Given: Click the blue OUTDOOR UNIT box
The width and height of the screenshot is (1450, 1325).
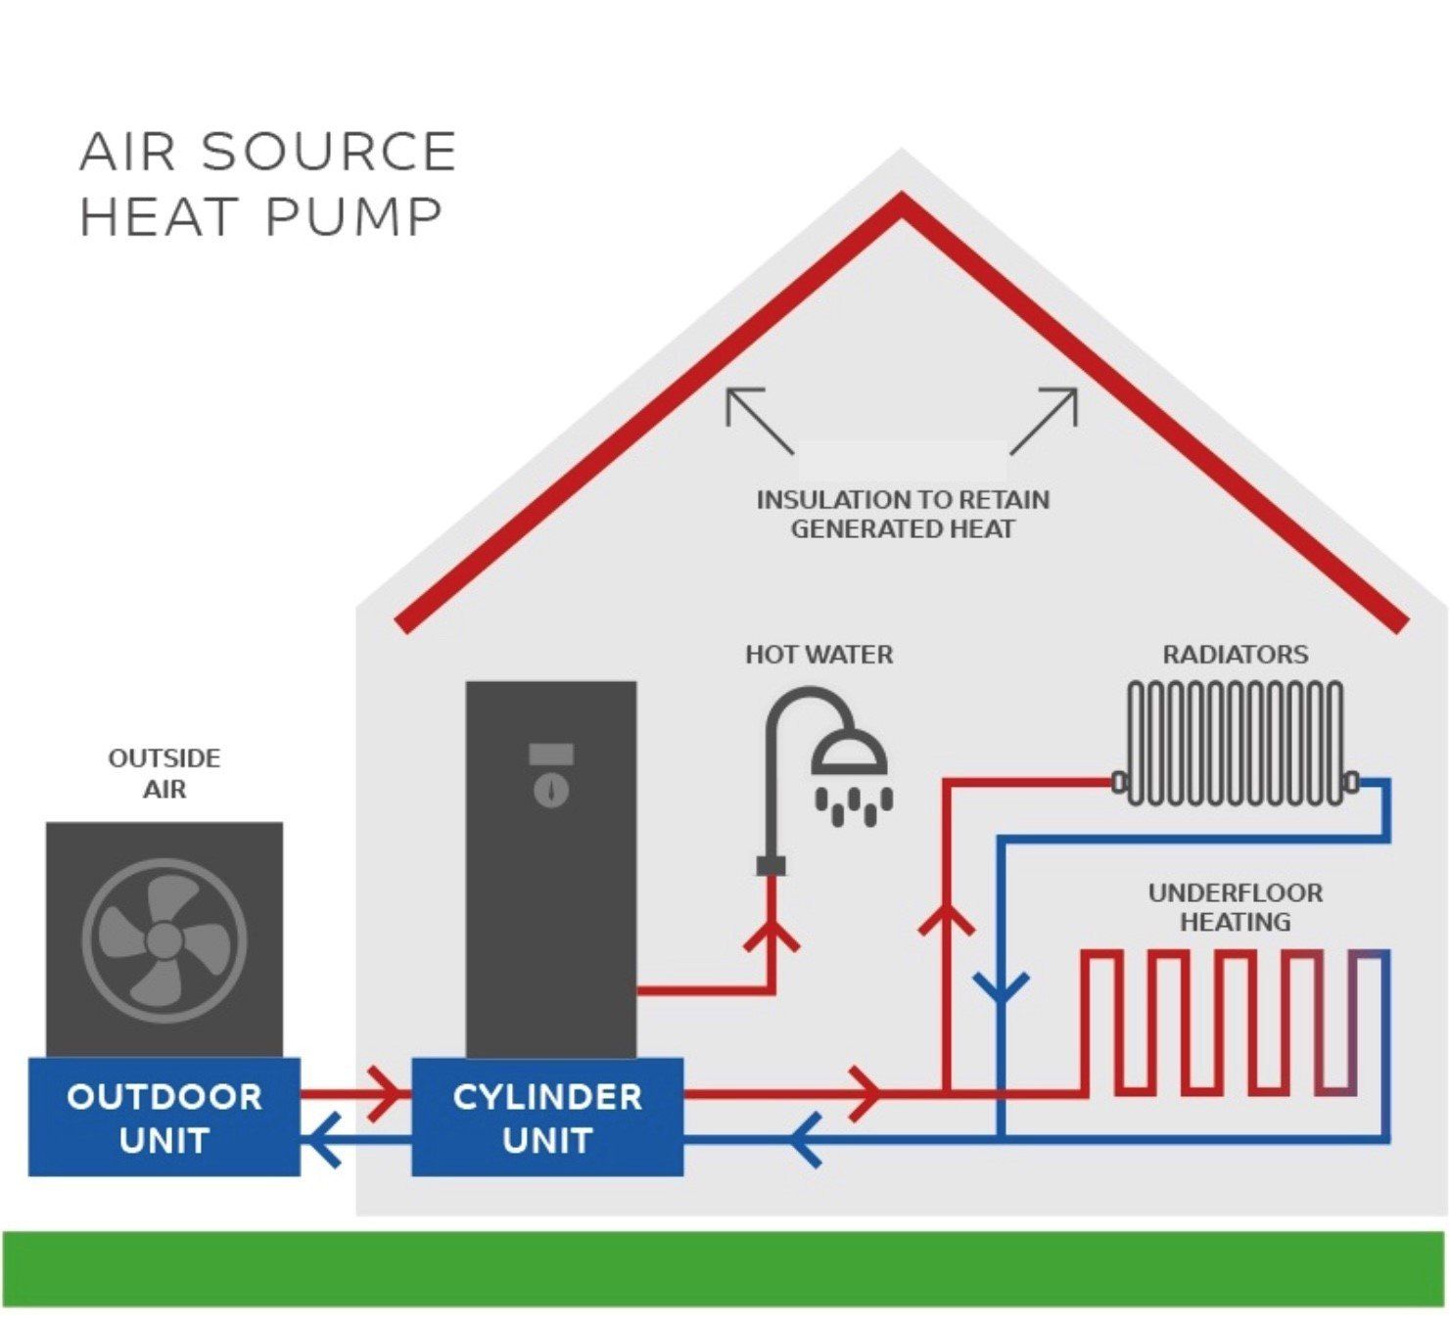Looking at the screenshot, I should coord(164,1117).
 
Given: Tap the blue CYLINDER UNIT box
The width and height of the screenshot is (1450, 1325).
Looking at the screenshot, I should coord(546,1117).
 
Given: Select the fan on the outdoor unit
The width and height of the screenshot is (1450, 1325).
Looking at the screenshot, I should coord(164,939).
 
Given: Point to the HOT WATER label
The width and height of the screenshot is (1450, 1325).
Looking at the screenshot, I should coord(819,654).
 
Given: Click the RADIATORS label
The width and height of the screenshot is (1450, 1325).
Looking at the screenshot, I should coord(1235,654).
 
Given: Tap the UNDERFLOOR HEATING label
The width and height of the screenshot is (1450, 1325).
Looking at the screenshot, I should coord(1235,906).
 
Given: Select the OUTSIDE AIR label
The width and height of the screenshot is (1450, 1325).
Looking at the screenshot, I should coord(164,773).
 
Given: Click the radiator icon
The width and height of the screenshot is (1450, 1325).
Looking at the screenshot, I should coord(1235,744).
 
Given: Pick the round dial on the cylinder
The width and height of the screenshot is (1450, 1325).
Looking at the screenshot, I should coord(551,790).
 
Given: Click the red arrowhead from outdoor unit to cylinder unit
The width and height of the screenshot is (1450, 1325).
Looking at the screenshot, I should coord(384,1093).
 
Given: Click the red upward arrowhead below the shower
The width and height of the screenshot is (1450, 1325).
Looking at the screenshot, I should coord(772,936).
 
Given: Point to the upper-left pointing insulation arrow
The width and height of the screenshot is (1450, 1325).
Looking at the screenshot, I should coord(758,419).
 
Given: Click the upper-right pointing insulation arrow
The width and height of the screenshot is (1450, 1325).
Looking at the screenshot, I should coord(1045,419).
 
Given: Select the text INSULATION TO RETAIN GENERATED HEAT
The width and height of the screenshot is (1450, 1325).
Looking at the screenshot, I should coord(902,515).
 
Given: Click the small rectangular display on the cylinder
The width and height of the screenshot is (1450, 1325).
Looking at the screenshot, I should coord(551,754).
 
